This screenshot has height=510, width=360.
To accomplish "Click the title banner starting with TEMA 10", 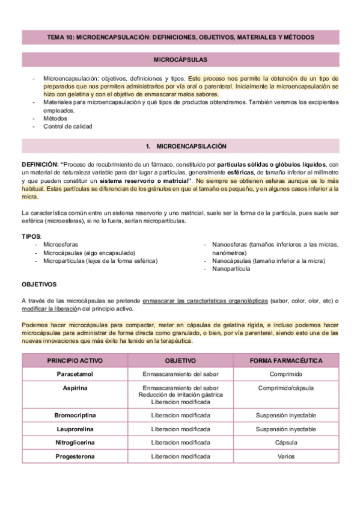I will tap(180, 37).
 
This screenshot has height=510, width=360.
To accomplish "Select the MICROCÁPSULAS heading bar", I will tap(180, 60).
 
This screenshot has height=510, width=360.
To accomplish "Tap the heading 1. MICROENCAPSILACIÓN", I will tap(180, 146).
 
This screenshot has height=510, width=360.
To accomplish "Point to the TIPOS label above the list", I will tap(31, 236).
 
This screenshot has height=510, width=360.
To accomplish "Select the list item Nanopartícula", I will tap(231, 269).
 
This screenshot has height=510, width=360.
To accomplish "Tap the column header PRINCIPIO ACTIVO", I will tap(75, 361).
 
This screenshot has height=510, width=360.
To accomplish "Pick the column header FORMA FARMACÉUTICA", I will tap(286, 361).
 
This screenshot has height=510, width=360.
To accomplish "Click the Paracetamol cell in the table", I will tap(75, 374).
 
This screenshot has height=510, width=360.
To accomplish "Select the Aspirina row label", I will tap(75, 388).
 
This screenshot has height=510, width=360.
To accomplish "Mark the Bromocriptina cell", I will tap(75, 416).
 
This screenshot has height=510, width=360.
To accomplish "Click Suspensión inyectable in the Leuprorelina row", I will tap(286, 429).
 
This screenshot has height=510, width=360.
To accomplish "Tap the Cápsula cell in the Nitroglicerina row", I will tap(286, 443).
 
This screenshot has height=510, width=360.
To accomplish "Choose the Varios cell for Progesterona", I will tap(286, 457).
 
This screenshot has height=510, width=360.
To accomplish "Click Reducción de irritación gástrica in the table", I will tap(180, 395).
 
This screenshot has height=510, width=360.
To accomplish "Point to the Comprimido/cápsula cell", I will tap(286, 388).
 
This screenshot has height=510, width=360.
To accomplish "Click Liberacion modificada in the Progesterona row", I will tap(180, 457).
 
